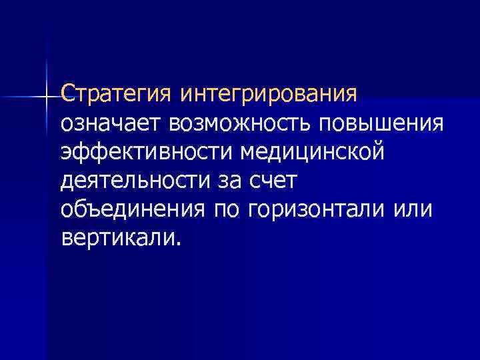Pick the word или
413,210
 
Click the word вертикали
118,239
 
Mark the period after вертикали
178,244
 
